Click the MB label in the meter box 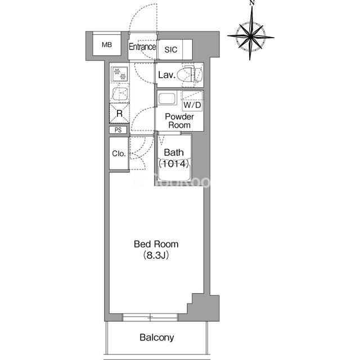click(x=107, y=44)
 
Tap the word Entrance click(x=142, y=47)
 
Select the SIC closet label click(x=171, y=49)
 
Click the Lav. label click(x=167, y=75)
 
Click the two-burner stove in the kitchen click(x=119, y=74)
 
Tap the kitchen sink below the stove click(x=120, y=94)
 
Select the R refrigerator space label click(x=119, y=114)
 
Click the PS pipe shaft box click(x=118, y=130)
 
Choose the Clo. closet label click(x=119, y=154)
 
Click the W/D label click(x=192, y=105)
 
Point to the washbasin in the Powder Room click(x=167, y=98)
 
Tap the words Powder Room click(x=179, y=121)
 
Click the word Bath click(x=174, y=152)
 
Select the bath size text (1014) click(x=174, y=164)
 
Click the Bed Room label click(x=156, y=244)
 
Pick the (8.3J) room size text click(x=156, y=255)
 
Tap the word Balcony click(x=157, y=337)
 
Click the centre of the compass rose click(x=251, y=36)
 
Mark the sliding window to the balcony click(x=150, y=317)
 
